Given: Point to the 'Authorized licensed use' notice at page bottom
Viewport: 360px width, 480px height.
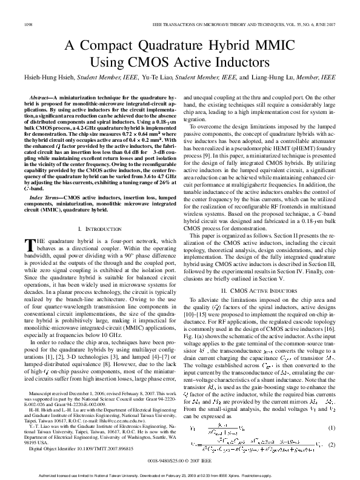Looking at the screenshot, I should click(x=180, y=475).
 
